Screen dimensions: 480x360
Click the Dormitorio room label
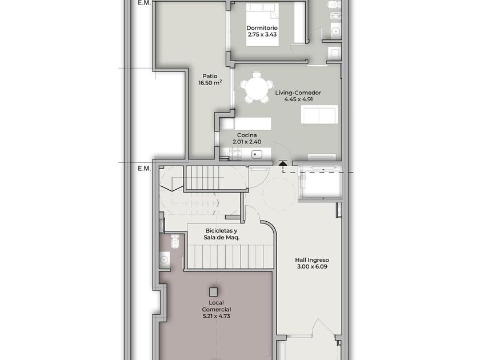(262, 28)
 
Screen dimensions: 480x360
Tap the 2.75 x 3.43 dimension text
(262, 35)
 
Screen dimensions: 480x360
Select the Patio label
(210, 76)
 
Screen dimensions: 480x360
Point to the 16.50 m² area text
(210, 83)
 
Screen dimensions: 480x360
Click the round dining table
(257, 87)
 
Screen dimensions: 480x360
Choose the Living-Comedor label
(298, 93)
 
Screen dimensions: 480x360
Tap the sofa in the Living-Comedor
(319, 114)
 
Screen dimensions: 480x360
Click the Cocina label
(247, 135)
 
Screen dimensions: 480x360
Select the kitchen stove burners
(235, 154)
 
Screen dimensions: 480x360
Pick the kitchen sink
(257, 154)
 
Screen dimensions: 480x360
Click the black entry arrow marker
(283, 164)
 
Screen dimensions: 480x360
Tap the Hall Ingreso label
(312, 260)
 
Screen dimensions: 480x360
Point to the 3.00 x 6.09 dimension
(312, 267)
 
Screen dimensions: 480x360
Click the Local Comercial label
(217, 306)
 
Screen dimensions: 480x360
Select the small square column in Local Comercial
(213, 292)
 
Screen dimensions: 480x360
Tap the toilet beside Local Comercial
(175, 241)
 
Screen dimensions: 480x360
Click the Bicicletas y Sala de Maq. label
(222, 234)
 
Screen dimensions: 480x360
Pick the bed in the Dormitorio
(263, 25)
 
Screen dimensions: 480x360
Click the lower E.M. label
(144, 169)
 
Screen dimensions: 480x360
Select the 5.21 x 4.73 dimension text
(217, 316)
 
